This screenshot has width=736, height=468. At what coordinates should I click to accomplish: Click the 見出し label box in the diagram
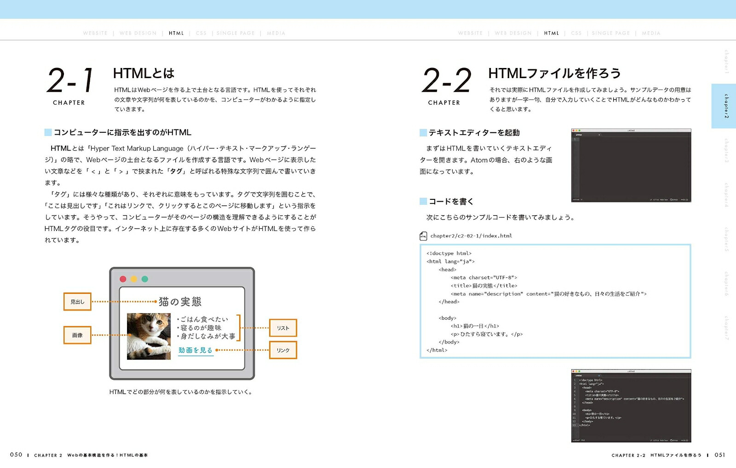(x=77, y=302)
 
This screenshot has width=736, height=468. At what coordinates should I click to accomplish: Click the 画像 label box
(x=77, y=335)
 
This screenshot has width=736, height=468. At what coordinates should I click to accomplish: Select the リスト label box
(x=283, y=328)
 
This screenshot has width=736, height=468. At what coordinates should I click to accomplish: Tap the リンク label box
(x=283, y=350)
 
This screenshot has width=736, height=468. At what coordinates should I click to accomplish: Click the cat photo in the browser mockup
(x=149, y=336)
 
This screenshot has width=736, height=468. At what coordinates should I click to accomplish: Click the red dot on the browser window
(x=123, y=279)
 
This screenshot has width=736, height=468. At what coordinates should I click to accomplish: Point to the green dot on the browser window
(x=145, y=279)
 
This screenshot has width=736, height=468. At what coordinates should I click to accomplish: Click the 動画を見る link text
(x=195, y=350)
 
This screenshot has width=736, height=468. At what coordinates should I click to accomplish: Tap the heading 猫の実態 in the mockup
(x=180, y=302)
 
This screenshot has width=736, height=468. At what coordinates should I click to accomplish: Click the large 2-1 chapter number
(x=70, y=80)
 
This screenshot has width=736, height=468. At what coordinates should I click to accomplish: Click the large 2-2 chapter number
(x=447, y=80)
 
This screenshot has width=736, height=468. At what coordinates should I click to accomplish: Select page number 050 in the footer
(x=16, y=455)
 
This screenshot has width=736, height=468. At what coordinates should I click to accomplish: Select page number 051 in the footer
(x=720, y=455)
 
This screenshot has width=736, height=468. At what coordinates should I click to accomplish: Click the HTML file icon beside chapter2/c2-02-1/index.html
(x=423, y=236)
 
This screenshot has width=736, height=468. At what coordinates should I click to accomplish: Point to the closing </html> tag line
(x=437, y=350)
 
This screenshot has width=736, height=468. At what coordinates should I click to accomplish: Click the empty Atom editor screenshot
(x=631, y=165)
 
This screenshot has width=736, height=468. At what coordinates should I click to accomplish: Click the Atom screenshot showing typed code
(x=631, y=406)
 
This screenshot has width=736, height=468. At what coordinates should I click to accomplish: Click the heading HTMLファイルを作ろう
(x=554, y=73)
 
